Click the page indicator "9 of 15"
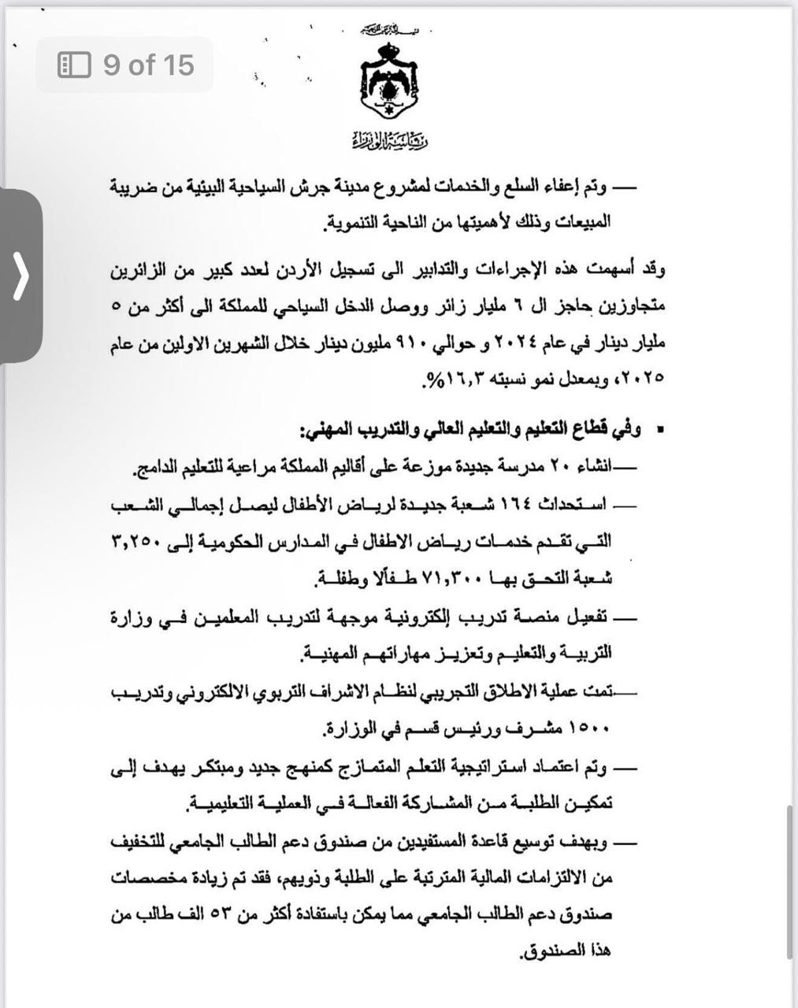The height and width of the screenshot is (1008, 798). coord(148,65)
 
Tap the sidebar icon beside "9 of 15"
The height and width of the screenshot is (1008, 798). coord(74,65)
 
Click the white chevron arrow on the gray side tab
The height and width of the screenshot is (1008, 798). coord(21,276)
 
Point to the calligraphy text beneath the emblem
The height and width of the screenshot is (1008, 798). coord(390,142)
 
